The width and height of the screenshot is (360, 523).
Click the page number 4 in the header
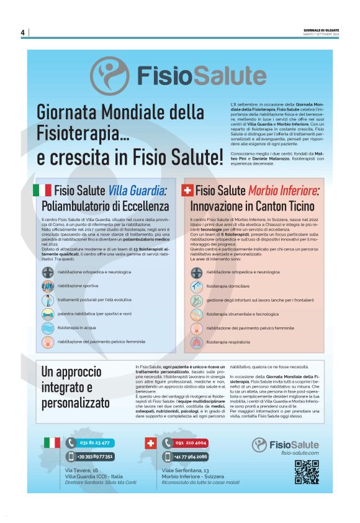22,32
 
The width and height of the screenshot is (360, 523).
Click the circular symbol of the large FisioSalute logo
110,76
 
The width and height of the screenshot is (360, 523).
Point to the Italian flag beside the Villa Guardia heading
42,190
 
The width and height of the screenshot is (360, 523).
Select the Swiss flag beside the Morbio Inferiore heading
187,190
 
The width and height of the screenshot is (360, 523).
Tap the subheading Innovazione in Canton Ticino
253,206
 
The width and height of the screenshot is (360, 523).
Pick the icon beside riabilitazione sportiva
48,286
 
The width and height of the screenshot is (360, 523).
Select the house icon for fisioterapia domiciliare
197,286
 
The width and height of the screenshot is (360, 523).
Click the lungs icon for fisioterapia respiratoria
197,341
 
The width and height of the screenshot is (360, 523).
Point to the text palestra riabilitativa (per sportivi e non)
94,314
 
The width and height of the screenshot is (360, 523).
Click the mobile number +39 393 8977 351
95,457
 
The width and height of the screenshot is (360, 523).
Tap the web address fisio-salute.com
299,453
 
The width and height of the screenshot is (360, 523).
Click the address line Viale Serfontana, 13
186,470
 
